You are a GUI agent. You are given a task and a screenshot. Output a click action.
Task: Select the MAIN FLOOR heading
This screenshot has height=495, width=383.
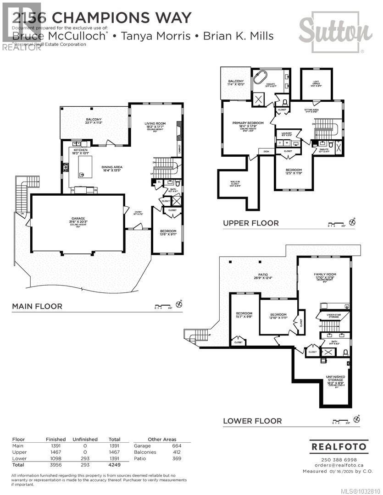click(x=37, y=306)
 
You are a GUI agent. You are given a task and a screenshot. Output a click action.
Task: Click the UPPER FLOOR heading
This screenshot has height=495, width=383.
click(x=250, y=223)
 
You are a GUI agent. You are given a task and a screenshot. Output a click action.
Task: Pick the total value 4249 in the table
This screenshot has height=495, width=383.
click(x=114, y=464)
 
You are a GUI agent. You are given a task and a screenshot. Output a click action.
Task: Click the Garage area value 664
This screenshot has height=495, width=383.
click(x=177, y=445)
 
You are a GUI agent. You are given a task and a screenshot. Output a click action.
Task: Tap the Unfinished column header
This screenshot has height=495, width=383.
click(x=85, y=439)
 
